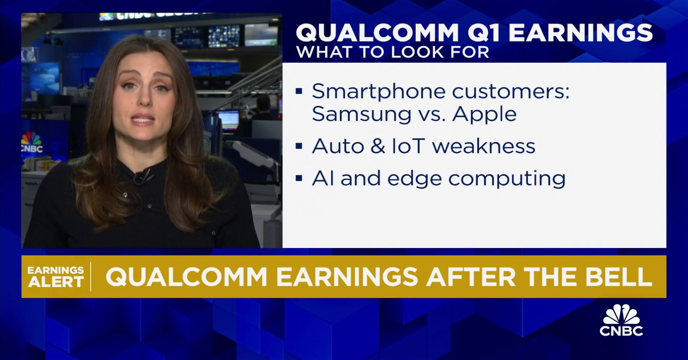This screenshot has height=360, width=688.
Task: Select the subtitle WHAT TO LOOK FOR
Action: pos(392,52)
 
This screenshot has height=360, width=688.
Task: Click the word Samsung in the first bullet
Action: pos(361,114)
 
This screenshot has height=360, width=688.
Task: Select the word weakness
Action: pos(484,146)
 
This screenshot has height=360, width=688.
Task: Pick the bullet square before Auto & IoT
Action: pos(299,146)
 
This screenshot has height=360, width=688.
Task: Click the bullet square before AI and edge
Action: pos(299,178)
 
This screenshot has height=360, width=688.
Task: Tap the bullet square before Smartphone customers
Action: pos(299,91)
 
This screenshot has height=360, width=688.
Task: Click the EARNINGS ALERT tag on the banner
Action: pos(56,276)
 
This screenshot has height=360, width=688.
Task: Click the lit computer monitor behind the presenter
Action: pos(228,119)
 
